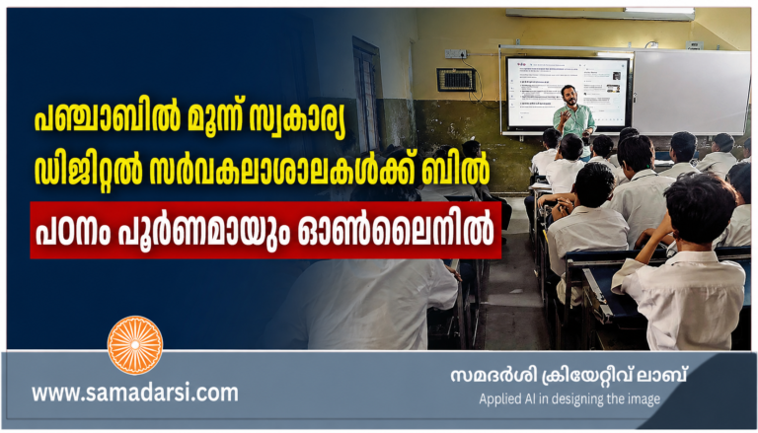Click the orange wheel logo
(135, 345)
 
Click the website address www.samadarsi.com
(135, 393)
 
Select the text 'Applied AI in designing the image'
(569, 399)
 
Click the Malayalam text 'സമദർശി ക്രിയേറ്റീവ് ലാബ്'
(568, 376)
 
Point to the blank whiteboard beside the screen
(691, 92)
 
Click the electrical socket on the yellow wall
(455, 54)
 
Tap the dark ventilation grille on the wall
(456, 80)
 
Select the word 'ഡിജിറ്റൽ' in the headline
(88, 172)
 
